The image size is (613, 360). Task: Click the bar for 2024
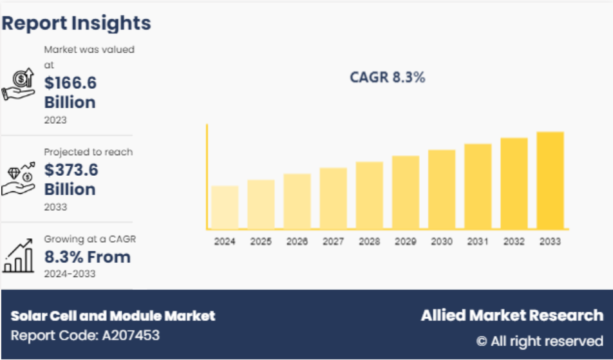tap(225, 207)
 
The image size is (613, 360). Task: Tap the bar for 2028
tap(369, 194)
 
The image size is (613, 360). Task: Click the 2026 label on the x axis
tap(297, 242)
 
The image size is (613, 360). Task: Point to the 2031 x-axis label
tap(478, 242)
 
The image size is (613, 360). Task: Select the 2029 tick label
tap(406, 242)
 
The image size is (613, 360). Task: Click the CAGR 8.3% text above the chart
tap(388, 78)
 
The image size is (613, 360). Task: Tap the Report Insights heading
tap(76, 23)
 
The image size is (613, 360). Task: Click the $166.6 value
tap(70, 82)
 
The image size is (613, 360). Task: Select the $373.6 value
tap(70, 170)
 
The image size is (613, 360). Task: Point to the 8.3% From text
tap(87, 257)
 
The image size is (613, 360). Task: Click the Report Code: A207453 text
tap(85, 336)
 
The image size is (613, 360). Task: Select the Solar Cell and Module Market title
tap(113, 316)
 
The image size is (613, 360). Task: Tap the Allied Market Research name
tap(512, 316)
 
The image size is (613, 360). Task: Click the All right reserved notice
tap(540, 341)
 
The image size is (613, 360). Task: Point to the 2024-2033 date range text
tap(70, 274)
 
